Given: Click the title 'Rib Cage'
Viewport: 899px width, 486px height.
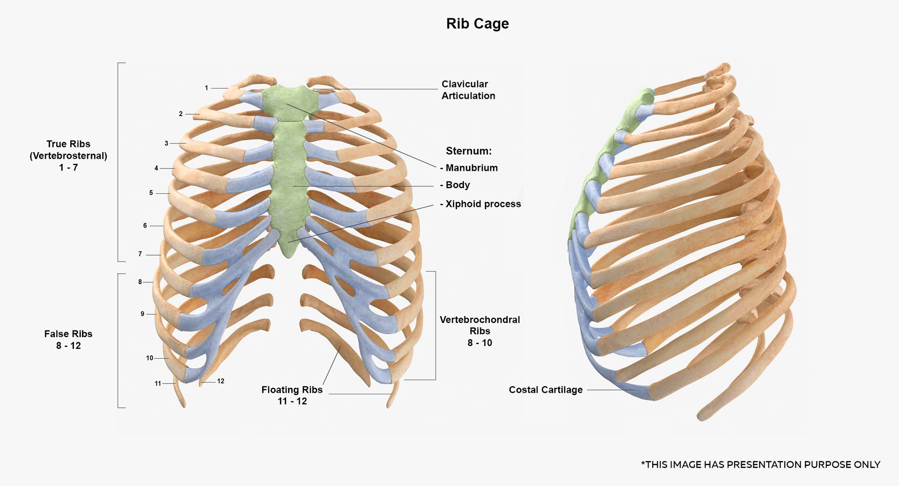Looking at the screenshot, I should (x=477, y=23).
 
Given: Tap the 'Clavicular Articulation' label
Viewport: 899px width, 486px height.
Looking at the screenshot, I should (x=468, y=90).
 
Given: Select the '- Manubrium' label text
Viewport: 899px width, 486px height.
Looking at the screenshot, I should (x=470, y=168).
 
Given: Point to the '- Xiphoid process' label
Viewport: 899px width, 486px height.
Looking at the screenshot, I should (x=481, y=204).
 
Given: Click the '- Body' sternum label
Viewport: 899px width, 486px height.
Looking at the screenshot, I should (x=456, y=185).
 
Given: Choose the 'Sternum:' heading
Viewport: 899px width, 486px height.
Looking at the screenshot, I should (x=468, y=151).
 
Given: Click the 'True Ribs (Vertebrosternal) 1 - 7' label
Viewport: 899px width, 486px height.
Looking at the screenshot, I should (x=68, y=155).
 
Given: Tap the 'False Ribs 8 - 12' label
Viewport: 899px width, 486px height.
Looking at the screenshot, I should (x=68, y=339).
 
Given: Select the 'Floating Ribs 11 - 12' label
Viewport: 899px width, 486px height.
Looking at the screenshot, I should (x=292, y=395).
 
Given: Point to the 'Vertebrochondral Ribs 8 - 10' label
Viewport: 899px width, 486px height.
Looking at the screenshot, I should (x=479, y=331).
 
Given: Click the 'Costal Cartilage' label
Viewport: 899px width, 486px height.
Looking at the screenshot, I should (x=545, y=390).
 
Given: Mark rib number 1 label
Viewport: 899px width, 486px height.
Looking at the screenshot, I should (x=206, y=88).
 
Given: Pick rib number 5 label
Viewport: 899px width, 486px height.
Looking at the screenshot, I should (x=151, y=193).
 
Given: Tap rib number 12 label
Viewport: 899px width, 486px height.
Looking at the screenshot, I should (x=221, y=381).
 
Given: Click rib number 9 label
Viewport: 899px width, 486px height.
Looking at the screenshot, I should (x=142, y=314).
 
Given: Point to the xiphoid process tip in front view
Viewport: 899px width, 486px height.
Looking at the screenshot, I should (x=289, y=253).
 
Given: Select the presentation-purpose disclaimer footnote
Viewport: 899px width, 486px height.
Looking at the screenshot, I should (x=760, y=464).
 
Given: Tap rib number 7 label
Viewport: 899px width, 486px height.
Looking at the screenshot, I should (x=140, y=254).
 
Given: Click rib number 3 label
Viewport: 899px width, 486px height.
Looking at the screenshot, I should (x=166, y=143).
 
